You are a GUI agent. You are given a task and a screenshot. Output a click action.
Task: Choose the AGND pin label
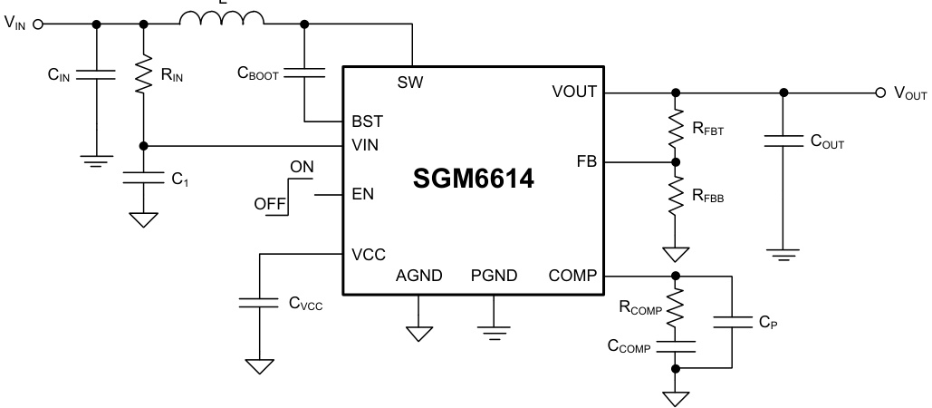[x=418, y=276]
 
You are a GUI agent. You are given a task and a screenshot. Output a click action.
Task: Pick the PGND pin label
[x=493, y=276]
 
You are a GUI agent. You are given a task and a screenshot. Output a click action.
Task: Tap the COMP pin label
[x=572, y=276]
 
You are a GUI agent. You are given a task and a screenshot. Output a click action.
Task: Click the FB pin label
[x=585, y=162]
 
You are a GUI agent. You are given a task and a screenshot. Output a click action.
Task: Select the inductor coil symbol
[x=222, y=18]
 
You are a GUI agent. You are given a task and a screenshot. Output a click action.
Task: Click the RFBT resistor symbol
[x=675, y=128]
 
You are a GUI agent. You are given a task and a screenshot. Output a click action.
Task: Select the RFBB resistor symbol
[x=675, y=196]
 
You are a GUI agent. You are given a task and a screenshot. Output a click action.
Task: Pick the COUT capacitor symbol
[x=783, y=140]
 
